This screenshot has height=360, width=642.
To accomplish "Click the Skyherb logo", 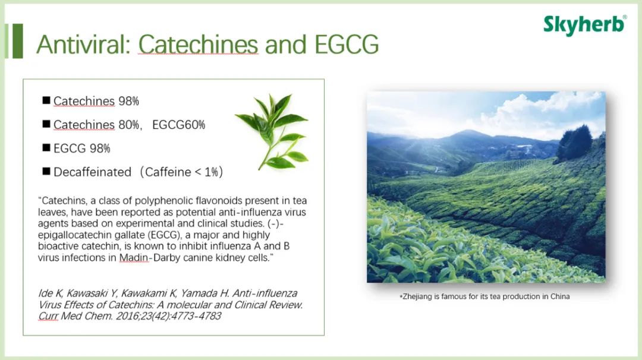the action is tap(585, 25).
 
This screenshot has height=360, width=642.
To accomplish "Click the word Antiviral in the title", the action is tap(83, 44).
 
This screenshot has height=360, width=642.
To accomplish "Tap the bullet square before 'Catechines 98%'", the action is tap(46, 100).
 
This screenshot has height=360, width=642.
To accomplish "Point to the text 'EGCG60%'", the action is tap(178, 125).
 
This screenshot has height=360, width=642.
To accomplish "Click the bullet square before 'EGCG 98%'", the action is tap(46, 148).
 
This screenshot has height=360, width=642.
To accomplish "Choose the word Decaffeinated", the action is tap(93, 172).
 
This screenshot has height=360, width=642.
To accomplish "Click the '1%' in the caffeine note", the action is tap(211, 172).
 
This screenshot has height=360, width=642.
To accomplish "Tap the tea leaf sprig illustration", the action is tap(272, 132).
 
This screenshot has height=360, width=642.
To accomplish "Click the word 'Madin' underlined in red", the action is tap(134, 258).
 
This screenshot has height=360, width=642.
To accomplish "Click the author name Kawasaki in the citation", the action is tap(92, 293).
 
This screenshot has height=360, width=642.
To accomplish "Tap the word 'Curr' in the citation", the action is tap(48, 316).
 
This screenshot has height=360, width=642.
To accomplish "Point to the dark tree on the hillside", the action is tap(574, 144).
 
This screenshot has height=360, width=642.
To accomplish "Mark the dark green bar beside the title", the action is tap(18, 41).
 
